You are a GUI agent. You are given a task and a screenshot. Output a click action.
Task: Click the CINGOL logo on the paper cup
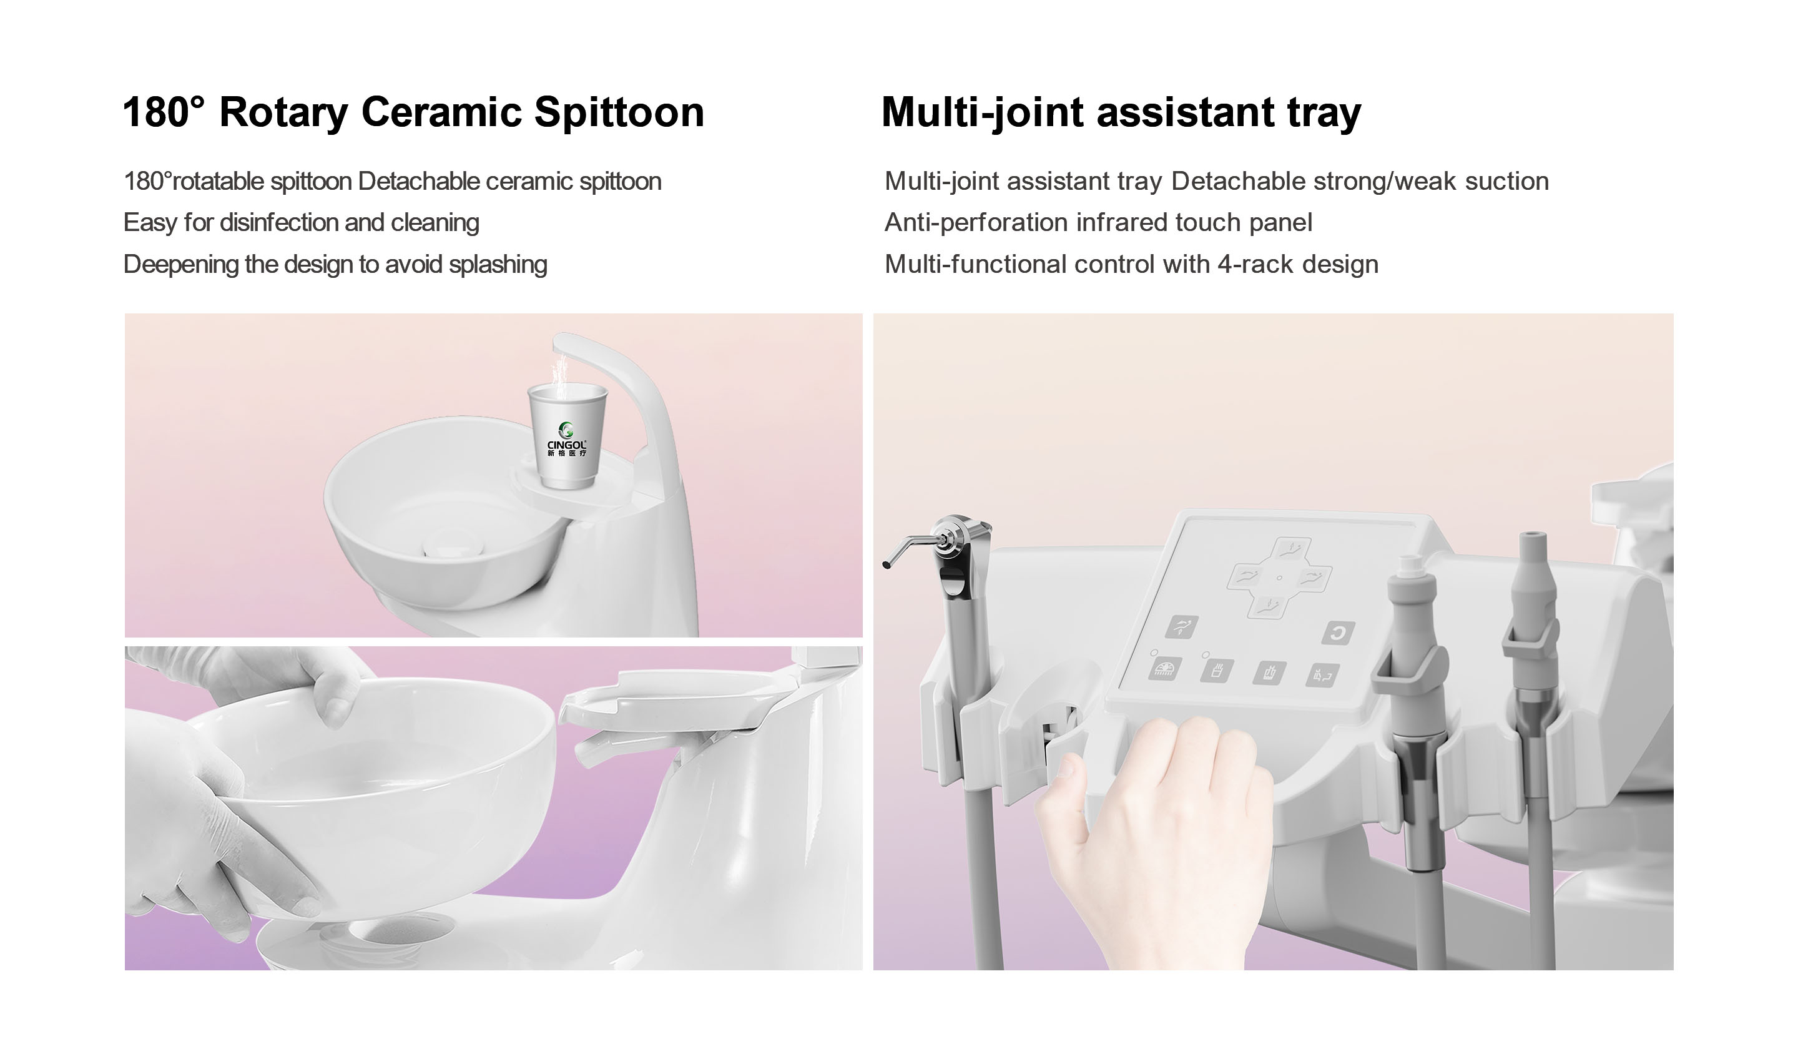click(566, 439)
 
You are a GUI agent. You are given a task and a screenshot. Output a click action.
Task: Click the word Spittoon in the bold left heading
click(619, 113)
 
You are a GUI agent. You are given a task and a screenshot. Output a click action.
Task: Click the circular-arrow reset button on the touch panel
click(1338, 633)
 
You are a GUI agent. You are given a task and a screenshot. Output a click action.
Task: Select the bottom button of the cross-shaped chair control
click(1268, 608)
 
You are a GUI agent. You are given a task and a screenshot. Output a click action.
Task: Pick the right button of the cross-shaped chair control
click(1312, 576)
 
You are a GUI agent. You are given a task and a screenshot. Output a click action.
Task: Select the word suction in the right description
click(1507, 181)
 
